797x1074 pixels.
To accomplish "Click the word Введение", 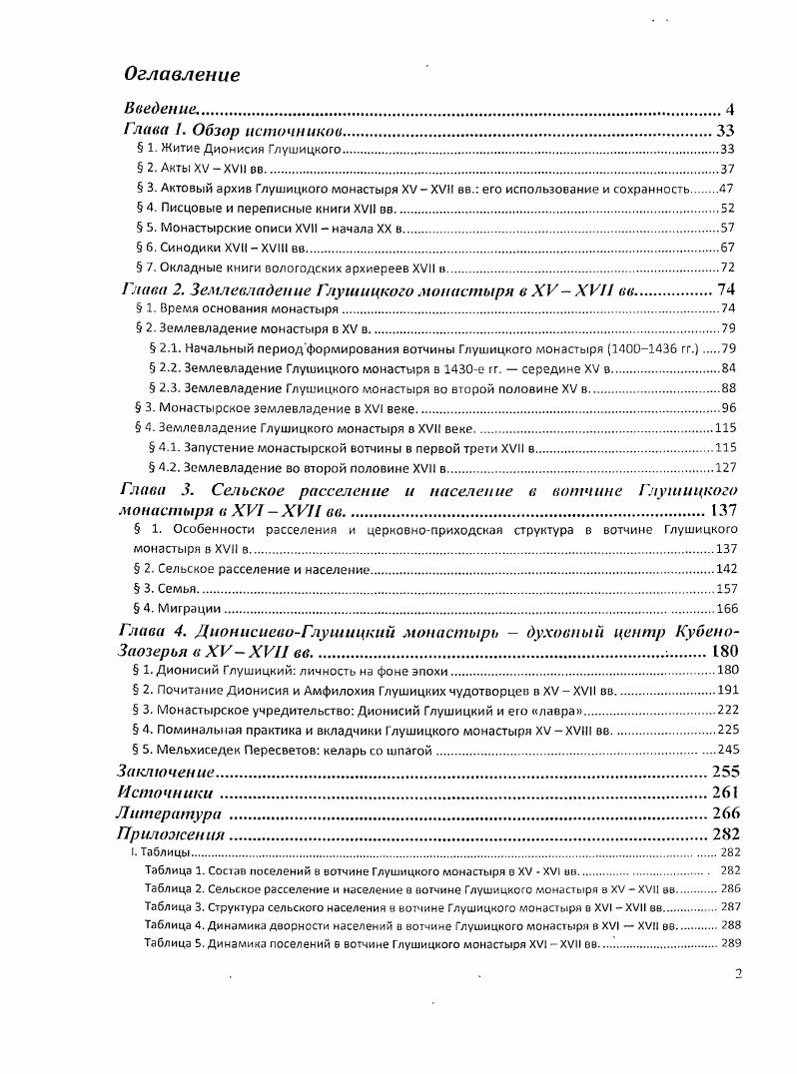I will (161, 108).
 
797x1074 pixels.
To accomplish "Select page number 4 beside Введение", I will (730, 109).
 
